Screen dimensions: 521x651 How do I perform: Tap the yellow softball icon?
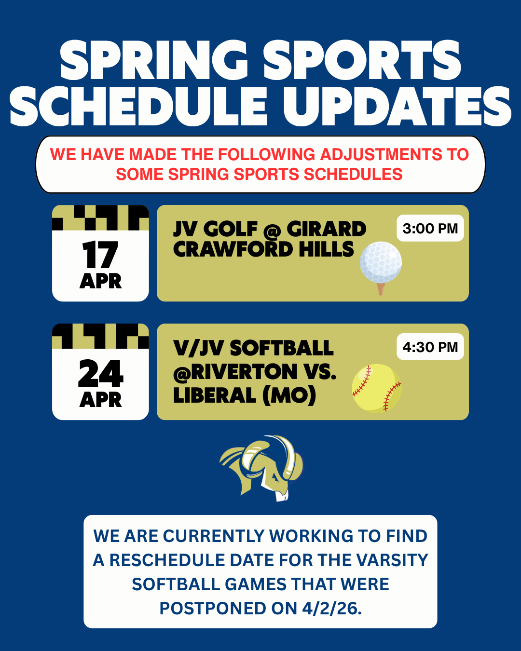(x=377, y=388)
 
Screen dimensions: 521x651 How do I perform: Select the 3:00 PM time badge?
(x=430, y=228)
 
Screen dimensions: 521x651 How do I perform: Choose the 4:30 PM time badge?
(x=430, y=347)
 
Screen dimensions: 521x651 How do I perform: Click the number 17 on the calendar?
(x=100, y=255)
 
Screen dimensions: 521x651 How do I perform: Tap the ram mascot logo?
(x=261, y=468)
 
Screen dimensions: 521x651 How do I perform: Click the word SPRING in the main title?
(x=154, y=60)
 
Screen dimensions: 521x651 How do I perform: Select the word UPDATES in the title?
(x=397, y=106)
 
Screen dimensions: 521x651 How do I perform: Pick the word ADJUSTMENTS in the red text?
(x=380, y=154)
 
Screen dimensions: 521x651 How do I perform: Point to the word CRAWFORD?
(x=233, y=249)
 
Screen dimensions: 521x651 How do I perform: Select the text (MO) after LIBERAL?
(x=289, y=395)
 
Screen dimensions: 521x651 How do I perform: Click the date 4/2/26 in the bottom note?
(x=331, y=608)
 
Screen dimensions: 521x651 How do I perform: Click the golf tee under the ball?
(x=381, y=289)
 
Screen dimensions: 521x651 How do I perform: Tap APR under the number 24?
(x=100, y=400)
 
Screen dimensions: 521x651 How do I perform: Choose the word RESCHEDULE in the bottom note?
(x=167, y=560)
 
